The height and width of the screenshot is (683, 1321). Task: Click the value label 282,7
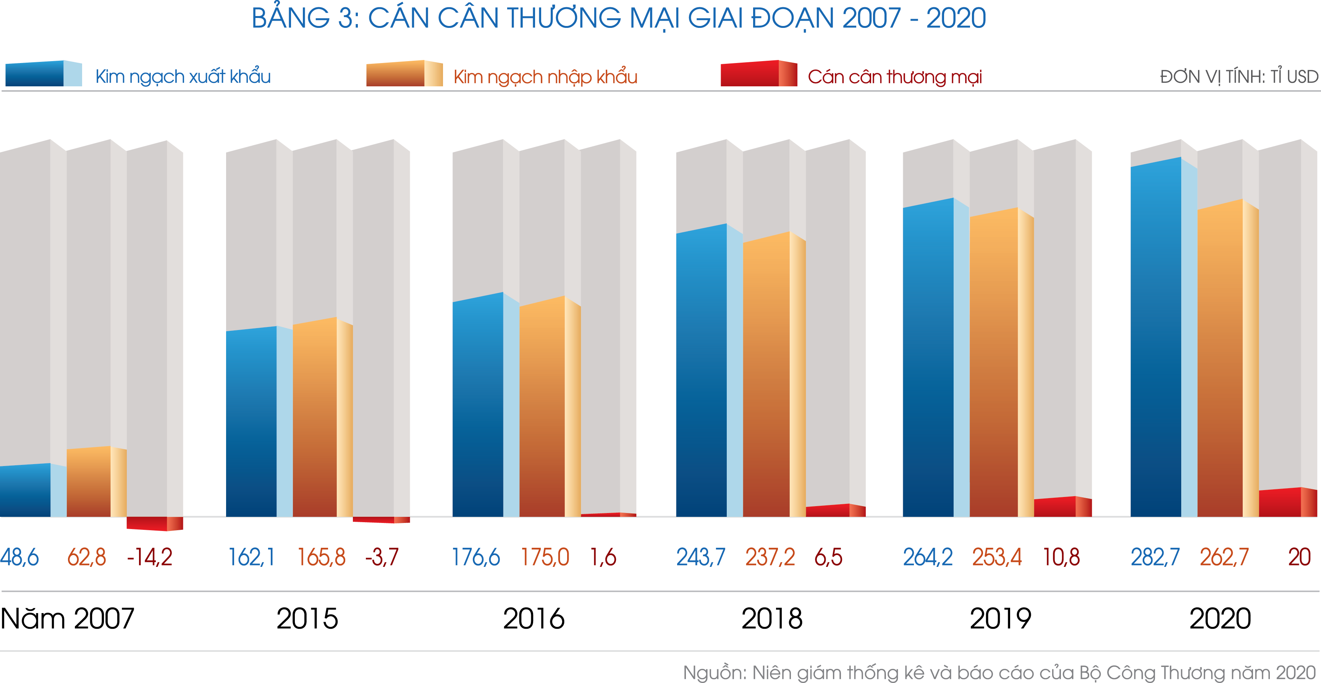click(1155, 557)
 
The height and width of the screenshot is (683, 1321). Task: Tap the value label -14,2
click(150, 557)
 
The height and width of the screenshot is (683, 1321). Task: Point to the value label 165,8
click(322, 557)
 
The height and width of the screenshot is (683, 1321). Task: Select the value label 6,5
click(828, 557)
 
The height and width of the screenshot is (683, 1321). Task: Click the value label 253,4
click(997, 557)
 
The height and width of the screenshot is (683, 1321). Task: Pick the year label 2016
click(533, 618)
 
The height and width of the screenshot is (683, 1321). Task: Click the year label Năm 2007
click(67, 618)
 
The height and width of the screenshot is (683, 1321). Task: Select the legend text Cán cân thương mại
click(894, 77)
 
